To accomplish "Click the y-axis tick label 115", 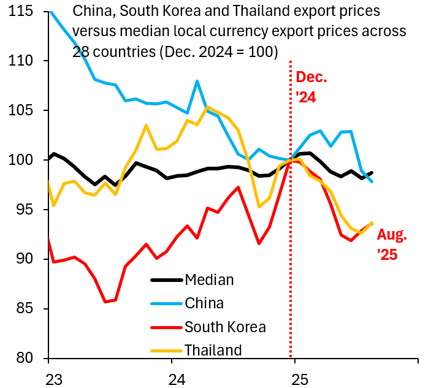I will pyautogui.click(x=22, y=12).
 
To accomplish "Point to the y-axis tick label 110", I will pyautogui.click(x=22, y=61).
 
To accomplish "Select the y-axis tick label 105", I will pyautogui.click(x=22, y=111).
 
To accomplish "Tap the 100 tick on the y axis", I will pyautogui.click(x=22, y=161).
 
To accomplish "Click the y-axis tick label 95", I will pyautogui.click(x=27, y=210).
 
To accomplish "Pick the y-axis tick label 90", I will pyautogui.click(x=27, y=259).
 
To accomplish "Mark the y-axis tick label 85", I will pyautogui.click(x=27, y=309).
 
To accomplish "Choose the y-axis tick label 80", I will pyautogui.click(x=27, y=358).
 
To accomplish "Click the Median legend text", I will pyautogui.click(x=209, y=280).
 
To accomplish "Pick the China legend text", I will pyautogui.click(x=204, y=303).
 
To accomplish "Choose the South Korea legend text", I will pyautogui.click(x=225, y=326).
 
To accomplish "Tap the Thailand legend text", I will pyautogui.click(x=213, y=350).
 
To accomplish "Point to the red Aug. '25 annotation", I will pyautogui.click(x=391, y=244).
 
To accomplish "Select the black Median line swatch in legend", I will pyautogui.click(x=166, y=280).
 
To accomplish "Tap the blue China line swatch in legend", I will pyautogui.click(x=166, y=303).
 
